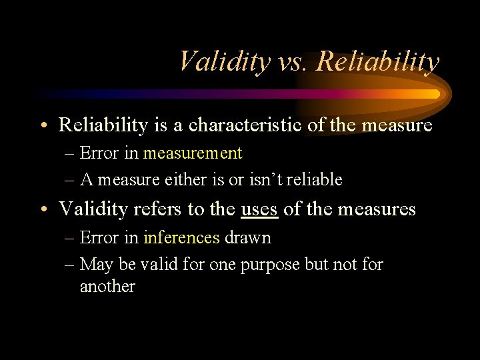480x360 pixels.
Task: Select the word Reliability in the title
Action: coord(378,62)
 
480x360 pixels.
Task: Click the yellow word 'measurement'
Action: coord(193,153)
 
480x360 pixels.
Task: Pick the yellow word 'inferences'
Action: coord(181,237)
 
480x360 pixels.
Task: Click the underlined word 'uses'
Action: coord(259,209)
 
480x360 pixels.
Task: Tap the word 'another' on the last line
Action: coord(107,287)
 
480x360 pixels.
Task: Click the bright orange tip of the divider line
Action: coord(435,94)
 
